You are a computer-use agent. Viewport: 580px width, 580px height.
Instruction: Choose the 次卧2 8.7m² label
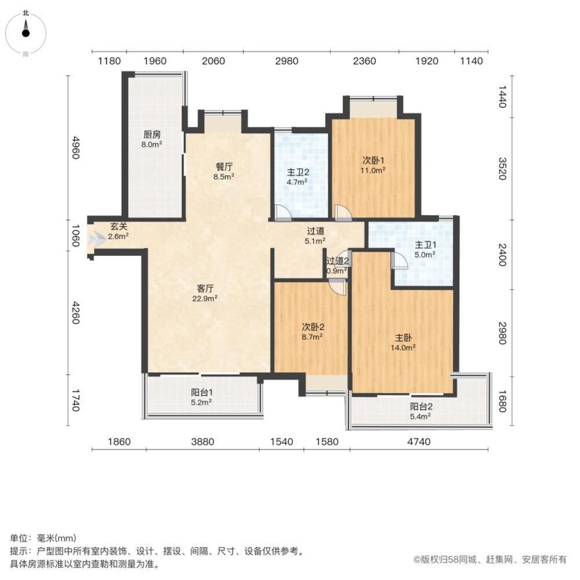(x=312, y=330)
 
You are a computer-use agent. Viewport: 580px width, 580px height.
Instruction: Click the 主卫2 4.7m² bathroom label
(x=298, y=176)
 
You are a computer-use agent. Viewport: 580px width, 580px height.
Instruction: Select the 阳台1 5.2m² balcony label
(x=201, y=396)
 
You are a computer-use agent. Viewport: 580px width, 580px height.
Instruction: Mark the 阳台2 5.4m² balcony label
(x=420, y=411)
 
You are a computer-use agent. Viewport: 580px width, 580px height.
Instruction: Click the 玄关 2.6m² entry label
(x=118, y=231)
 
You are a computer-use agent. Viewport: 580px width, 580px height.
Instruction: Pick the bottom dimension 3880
(x=203, y=442)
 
